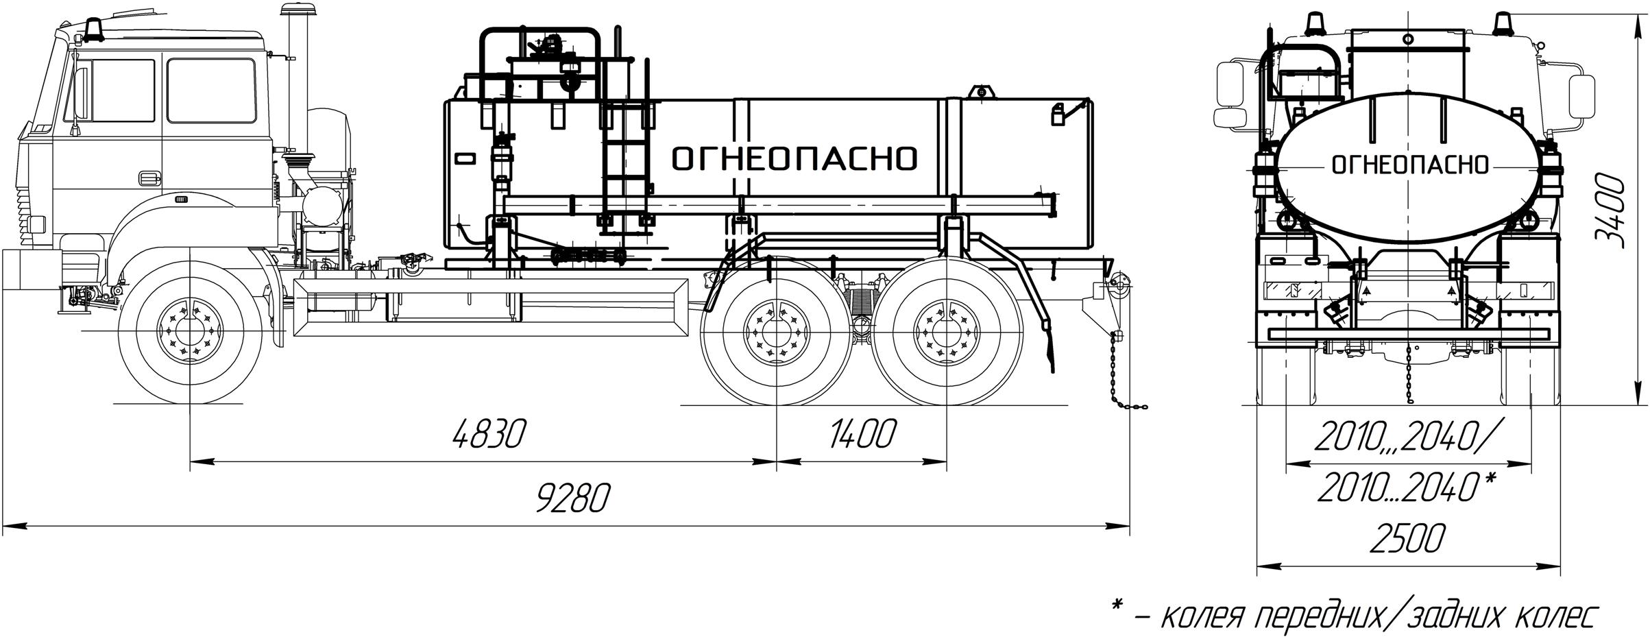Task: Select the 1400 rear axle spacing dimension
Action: point(862,434)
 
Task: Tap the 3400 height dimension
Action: point(1608,209)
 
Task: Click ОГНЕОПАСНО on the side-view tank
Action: point(794,158)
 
